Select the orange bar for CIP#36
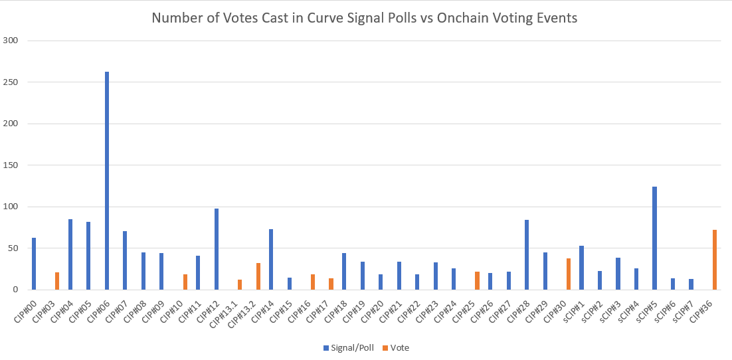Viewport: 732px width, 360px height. (715, 260)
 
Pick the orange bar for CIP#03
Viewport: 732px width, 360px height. (57, 281)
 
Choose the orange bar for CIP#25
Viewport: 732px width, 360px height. (477, 280)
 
